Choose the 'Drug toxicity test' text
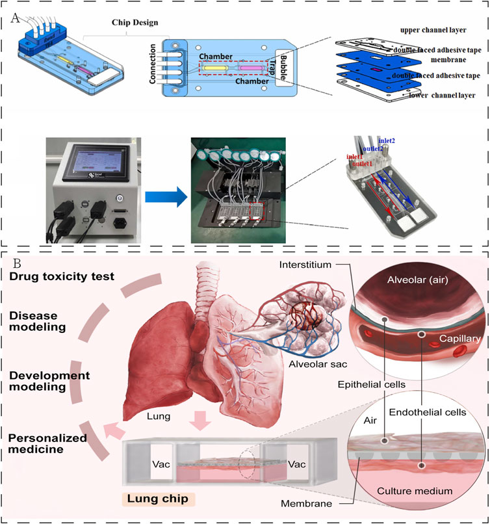pyautogui.click(x=62, y=277)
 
